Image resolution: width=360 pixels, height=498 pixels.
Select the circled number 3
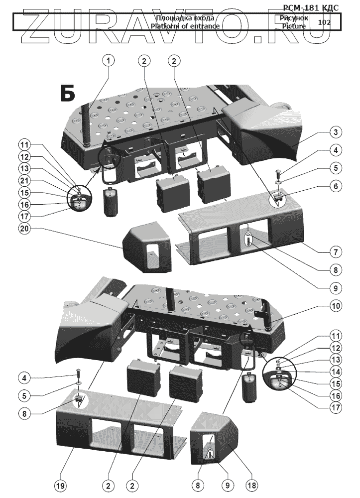tap(337, 132)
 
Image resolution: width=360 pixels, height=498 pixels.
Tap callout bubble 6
tap(337, 186)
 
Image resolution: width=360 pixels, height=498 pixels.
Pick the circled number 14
tap(337, 371)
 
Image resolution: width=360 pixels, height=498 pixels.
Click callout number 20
tap(24, 229)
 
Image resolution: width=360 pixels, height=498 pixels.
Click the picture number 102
tap(324, 22)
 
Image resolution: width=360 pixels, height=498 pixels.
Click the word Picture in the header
tap(292, 26)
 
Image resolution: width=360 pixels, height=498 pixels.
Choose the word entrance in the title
tap(204, 26)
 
